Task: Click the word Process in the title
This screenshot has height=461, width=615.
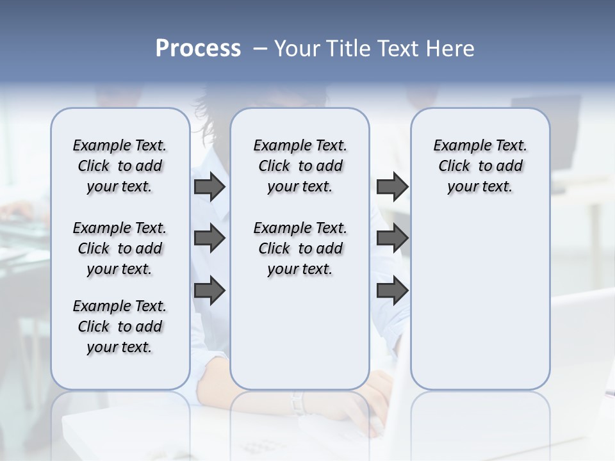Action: (198, 49)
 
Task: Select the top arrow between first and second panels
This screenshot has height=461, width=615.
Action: (209, 187)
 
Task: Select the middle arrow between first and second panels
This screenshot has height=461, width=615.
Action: (209, 238)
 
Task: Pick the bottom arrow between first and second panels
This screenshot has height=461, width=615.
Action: (209, 291)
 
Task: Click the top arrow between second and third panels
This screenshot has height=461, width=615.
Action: (392, 187)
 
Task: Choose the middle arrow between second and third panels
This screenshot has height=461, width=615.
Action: (392, 238)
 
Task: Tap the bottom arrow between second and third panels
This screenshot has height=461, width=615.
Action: (392, 291)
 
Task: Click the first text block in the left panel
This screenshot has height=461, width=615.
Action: (120, 166)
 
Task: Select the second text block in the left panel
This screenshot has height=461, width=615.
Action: (120, 248)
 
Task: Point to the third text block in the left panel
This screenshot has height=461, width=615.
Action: (120, 327)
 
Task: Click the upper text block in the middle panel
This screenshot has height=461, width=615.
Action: (300, 166)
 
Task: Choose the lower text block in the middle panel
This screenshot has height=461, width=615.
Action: (300, 248)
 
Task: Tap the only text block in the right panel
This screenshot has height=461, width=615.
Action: (480, 166)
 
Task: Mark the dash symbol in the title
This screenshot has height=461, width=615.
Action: (261, 49)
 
